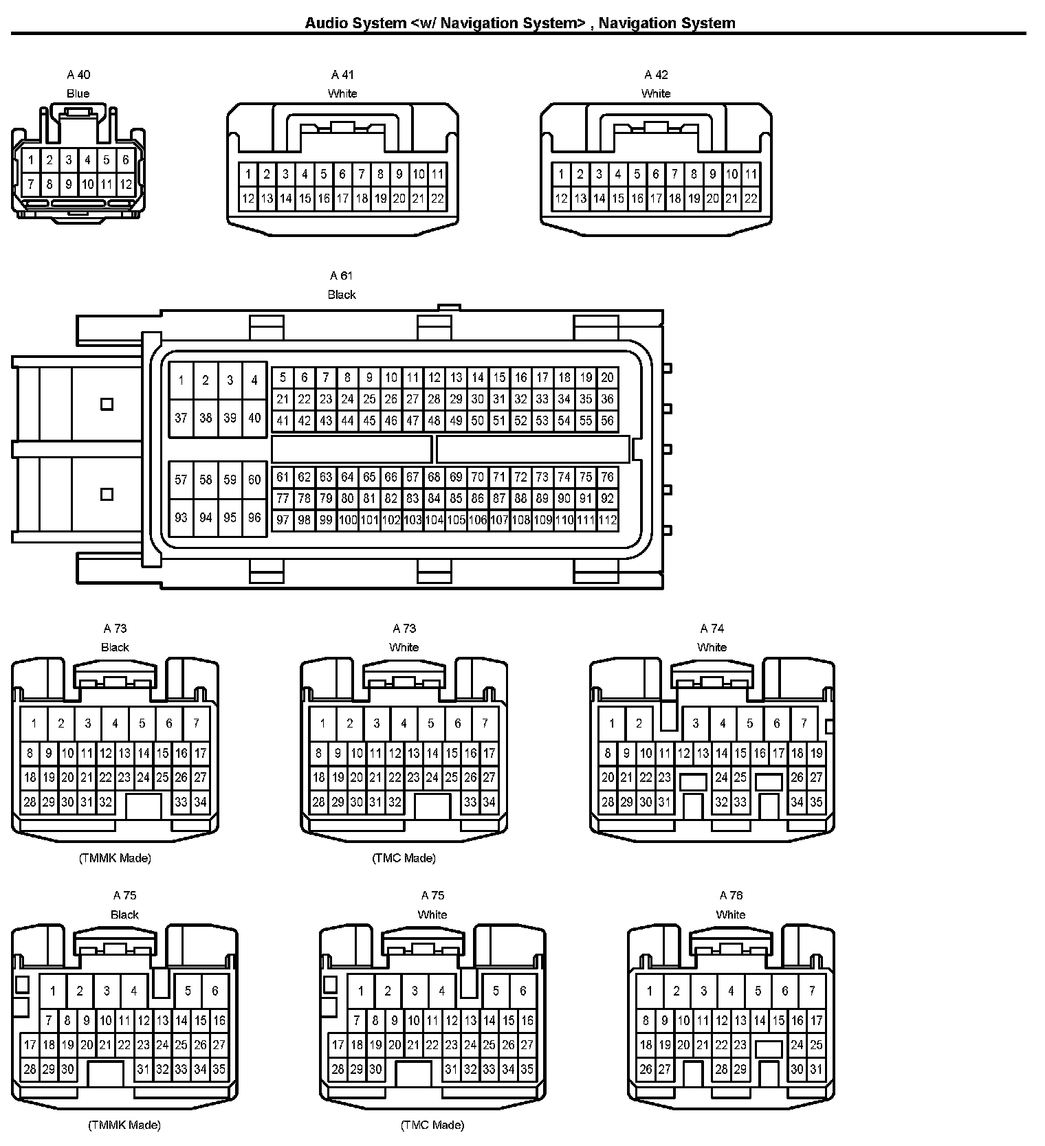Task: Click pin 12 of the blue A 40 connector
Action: click(x=125, y=184)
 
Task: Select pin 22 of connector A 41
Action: click(x=437, y=199)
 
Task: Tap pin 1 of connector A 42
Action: click(x=561, y=174)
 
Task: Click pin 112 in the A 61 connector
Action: click(x=607, y=520)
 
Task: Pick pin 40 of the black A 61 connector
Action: click(x=254, y=417)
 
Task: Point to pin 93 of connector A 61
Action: click(x=181, y=517)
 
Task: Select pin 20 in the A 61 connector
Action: click(x=607, y=377)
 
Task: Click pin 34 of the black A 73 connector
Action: click(x=200, y=802)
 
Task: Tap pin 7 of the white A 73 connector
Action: click(x=485, y=723)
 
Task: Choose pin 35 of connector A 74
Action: click(x=816, y=802)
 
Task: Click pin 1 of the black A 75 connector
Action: click(x=53, y=991)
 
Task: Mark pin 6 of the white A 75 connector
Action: click(x=522, y=991)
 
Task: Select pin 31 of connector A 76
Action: click(x=816, y=1069)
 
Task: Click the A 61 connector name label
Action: click(x=341, y=276)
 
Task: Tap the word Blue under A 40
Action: click(x=78, y=93)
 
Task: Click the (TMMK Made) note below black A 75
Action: click(x=124, y=1125)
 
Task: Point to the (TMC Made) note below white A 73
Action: click(x=404, y=857)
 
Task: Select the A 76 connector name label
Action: click(x=731, y=895)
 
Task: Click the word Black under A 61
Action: click(x=342, y=295)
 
